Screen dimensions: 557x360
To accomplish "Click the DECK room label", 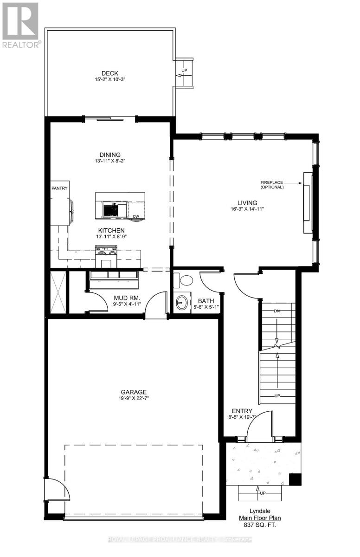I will pos(110,73).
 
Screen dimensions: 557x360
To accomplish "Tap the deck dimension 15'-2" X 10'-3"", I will pos(110,79).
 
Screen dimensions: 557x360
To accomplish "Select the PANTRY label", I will pos(59,188).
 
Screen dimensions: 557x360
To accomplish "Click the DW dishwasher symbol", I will pos(135,216).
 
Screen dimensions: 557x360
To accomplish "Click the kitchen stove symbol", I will pos(106,251).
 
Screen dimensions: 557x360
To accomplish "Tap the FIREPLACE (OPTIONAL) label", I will pos(272,184).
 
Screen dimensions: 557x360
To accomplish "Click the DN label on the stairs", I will pos(277,311).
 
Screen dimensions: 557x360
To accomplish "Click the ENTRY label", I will pos(242,411).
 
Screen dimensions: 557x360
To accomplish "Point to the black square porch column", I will pos(294,479).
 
